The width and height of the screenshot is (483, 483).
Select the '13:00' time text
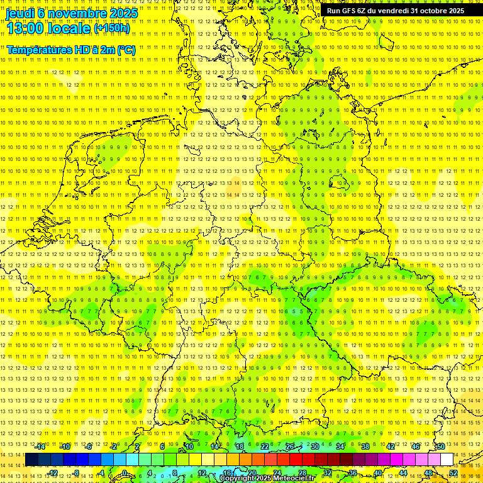point(25,28)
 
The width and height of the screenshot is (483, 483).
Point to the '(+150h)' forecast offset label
point(112,28)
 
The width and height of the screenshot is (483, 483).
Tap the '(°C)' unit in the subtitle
point(126,50)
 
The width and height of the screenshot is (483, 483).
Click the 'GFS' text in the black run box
point(352,11)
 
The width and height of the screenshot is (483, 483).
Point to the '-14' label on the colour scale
point(41,447)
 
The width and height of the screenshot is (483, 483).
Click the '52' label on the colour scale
point(453,472)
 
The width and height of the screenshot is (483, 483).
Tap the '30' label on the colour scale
point(314,447)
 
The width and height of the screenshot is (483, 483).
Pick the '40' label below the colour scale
point(378,472)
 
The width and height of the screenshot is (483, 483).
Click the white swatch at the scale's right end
point(447,460)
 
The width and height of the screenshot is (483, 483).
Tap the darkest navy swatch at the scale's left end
point(31,460)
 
